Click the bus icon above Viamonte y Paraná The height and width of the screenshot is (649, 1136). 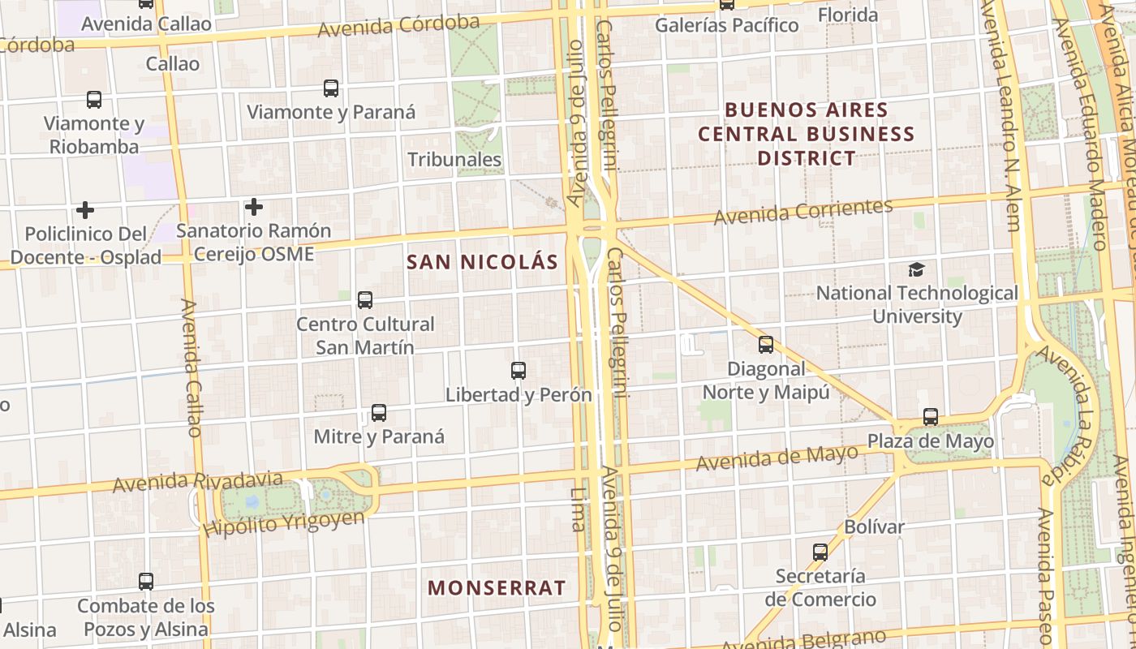pos(331,88)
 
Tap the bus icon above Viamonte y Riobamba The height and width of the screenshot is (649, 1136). pos(94,100)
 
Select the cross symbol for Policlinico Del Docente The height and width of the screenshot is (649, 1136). pos(85,210)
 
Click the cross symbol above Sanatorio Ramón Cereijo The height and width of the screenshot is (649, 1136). pos(254,207)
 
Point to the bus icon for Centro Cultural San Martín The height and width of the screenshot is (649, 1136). pos(365,300)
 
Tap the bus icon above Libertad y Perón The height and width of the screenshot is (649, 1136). pos(519,371)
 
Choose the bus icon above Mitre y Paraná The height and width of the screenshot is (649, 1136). pos(379,412)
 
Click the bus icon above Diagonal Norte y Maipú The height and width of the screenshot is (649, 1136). pos(766,345)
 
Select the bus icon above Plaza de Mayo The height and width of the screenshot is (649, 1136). pos(931,417)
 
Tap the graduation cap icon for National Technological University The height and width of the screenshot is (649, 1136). pos(916,269)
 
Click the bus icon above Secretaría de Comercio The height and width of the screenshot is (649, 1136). pos(820,552)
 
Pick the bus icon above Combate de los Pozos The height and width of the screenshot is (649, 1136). pos(146,582)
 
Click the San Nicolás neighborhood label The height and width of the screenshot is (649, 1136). pos(482,262)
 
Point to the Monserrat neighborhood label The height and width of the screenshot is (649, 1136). pos(497,588)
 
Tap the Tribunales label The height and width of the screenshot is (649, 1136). pos(454,160)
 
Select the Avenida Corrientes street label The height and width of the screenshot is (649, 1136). pos(803,212)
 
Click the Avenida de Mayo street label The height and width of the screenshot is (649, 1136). pos(777,459)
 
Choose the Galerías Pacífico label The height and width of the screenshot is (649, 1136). pos(727,25)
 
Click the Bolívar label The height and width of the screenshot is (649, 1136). pos(874,527)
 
